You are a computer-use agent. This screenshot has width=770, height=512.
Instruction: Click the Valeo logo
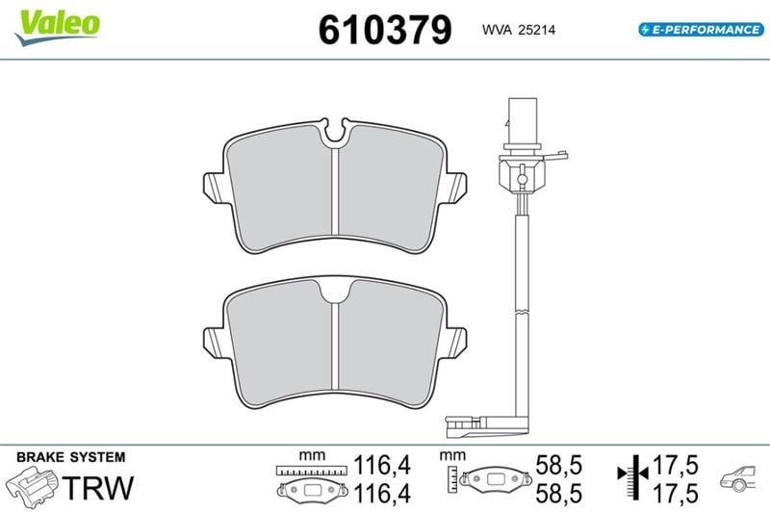coord(58,27)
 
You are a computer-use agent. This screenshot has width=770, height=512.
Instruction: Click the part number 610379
coord(385,30)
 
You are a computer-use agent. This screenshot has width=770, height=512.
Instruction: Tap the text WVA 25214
coord(519,30)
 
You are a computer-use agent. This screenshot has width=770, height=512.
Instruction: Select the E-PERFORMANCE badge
coord(702,30)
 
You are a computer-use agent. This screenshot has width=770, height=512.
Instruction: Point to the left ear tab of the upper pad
coord(215,189)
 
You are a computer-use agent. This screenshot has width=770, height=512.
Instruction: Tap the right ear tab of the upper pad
coord(455,189)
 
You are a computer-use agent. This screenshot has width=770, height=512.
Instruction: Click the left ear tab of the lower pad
coord(215,344)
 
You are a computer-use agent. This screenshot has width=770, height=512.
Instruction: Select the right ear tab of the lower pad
coord(455,344)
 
